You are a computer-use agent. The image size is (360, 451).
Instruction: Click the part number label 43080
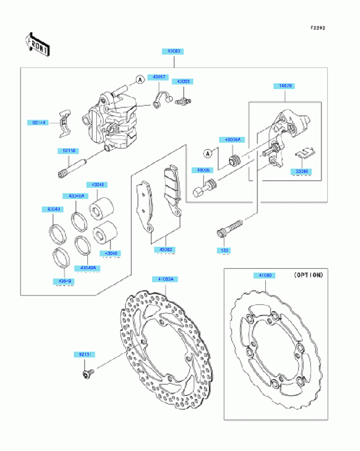174,51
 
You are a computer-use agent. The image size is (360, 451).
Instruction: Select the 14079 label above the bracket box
283,86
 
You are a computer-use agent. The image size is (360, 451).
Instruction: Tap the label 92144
38,122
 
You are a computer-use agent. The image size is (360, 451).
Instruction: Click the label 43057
157,77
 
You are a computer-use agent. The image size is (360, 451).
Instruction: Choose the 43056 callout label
184,82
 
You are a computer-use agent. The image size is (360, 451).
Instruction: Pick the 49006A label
233,139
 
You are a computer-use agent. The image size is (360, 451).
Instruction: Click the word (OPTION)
308,275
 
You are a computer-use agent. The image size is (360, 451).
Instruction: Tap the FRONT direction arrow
36,45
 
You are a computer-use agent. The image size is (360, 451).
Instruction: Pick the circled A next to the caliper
138,80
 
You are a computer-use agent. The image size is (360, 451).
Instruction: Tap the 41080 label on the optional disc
265,276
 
